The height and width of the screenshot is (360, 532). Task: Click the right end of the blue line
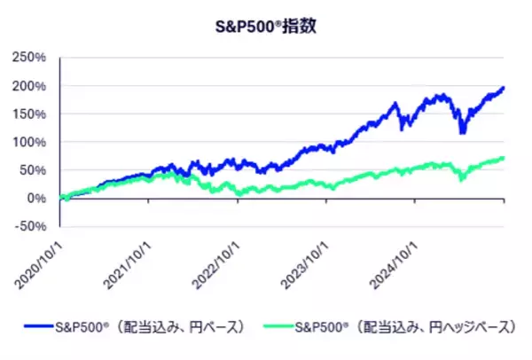pyautogui.click(x=504, y=88)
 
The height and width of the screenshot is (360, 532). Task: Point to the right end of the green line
pyautogui.click(x=504, y=158)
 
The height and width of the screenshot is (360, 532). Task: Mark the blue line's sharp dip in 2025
pyautogui.click(x=462, y=132)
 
